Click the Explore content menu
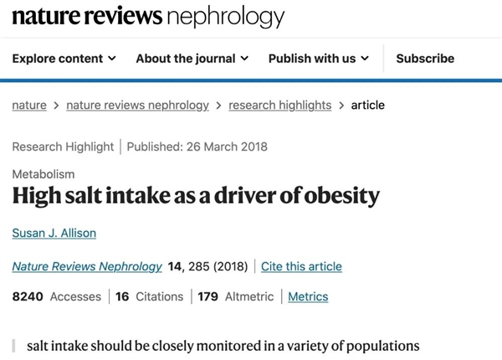coord(64,59)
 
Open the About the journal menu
coord(192,59)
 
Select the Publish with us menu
coord(318,59)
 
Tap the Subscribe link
coord(425,59)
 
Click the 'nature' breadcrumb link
coord(29,105)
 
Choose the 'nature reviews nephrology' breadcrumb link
coord(137,105)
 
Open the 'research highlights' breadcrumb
coord(279,105)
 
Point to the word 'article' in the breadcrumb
coord(367,105)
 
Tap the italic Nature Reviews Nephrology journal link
coord(87,266)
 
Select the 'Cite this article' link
coord(301,266)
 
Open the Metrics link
coord(308,296)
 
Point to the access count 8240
coord(28,296)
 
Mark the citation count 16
coord(122,296)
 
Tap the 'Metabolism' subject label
coord(44,174)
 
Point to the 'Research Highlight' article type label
coord(63,147)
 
